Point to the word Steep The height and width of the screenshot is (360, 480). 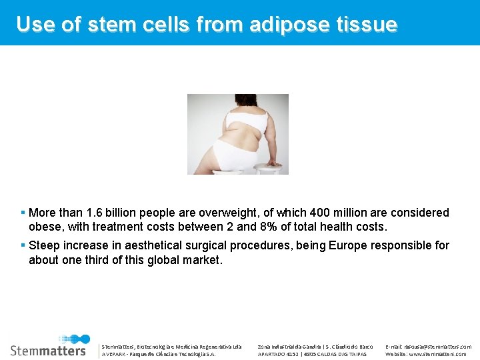click(x=45, y=245)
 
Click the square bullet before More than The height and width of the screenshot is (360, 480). click(x=23, y=213)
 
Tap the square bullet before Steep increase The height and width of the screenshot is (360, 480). click(x=23, y=245)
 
